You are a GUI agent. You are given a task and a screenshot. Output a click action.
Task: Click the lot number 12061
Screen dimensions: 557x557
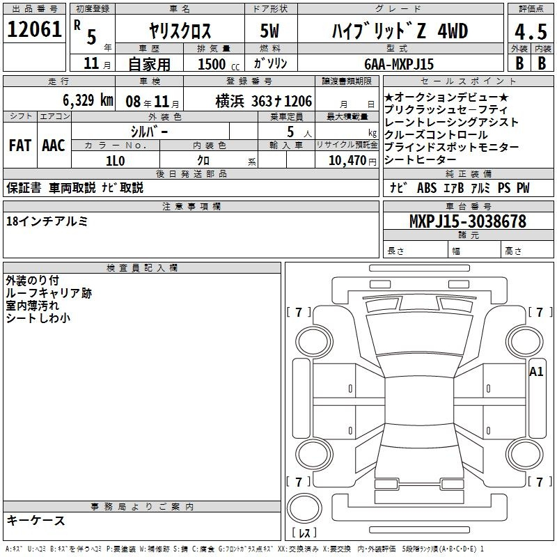pos(34,29)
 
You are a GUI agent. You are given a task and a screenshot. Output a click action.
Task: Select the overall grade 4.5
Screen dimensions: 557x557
pos(531,31)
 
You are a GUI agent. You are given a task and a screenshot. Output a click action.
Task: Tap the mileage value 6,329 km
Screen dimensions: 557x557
pos(88,100)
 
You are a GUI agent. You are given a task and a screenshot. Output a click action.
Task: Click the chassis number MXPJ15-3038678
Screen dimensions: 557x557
pos(467,221)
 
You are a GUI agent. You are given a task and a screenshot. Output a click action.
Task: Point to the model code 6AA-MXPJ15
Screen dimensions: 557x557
pos(399,64)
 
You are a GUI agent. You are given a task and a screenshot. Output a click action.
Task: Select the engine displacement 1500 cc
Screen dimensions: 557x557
pos(219,64)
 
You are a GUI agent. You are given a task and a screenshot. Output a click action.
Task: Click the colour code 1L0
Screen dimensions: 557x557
pos(116,161)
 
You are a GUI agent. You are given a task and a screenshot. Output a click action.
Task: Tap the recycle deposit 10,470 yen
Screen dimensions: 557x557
pos(352,161)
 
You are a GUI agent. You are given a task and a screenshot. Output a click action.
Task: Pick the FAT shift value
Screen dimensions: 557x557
pos(20,146)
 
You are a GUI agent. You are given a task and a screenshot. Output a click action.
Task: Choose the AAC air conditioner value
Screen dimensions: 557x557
pos(54,146)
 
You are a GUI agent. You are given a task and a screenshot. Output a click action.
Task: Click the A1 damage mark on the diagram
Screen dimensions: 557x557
pos(536,372)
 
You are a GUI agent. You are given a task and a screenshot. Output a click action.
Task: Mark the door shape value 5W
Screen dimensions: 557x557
pos(269,31)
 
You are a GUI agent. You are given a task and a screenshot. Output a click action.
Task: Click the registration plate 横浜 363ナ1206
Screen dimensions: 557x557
pos(264,102)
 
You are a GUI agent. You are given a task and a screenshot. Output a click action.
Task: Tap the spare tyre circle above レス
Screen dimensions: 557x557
pos(304,508)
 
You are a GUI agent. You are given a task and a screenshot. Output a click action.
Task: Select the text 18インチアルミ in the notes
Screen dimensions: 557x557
pos(47,221)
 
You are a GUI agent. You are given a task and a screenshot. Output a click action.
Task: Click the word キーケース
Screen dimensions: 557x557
pos(36,520)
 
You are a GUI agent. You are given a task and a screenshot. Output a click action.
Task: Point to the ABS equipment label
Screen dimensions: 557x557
pos(427,187)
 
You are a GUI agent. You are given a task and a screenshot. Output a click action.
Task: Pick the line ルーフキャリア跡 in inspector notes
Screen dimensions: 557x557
pos(49,293)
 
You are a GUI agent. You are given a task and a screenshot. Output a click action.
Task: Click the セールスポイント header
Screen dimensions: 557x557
pos(468,81)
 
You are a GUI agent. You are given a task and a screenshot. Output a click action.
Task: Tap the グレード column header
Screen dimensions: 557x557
pos(398,8)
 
